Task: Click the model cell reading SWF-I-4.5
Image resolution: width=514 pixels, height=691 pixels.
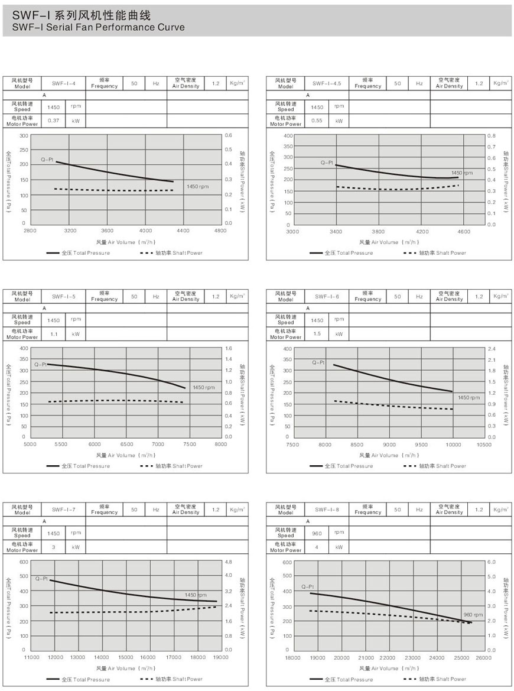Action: click(x=327, y=83)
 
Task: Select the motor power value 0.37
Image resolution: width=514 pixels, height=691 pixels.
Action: click(x=54, y=121)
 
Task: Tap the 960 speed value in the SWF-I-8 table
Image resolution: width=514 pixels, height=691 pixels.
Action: click(x=317, y=533)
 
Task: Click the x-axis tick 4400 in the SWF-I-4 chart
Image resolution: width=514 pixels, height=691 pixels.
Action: click(x=183, y=230)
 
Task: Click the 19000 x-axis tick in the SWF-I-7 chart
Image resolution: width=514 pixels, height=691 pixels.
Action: click(x=221, y=657)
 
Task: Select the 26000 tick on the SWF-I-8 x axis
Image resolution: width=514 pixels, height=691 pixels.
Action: click(x=483, y=657)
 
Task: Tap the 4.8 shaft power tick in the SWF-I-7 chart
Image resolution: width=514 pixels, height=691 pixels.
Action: click(x=228, y=561)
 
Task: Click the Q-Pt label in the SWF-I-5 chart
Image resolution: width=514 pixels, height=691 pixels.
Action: click(x=40, y=365)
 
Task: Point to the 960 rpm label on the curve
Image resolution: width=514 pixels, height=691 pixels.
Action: click(x=473, y=615)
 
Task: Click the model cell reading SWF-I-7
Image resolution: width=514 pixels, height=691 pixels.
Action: click(x=64, y=509)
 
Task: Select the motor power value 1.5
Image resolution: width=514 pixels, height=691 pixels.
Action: click(x=317, y=334)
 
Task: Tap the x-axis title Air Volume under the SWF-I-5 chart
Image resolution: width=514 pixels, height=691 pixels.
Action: click(x=124, y=455)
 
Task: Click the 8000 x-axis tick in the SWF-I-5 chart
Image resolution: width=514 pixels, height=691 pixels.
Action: click(x=220, y=443)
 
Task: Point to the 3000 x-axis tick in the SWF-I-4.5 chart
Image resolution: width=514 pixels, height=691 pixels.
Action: click(x=292, y=232)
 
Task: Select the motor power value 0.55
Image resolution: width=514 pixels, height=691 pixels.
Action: click(x=317, y=121)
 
